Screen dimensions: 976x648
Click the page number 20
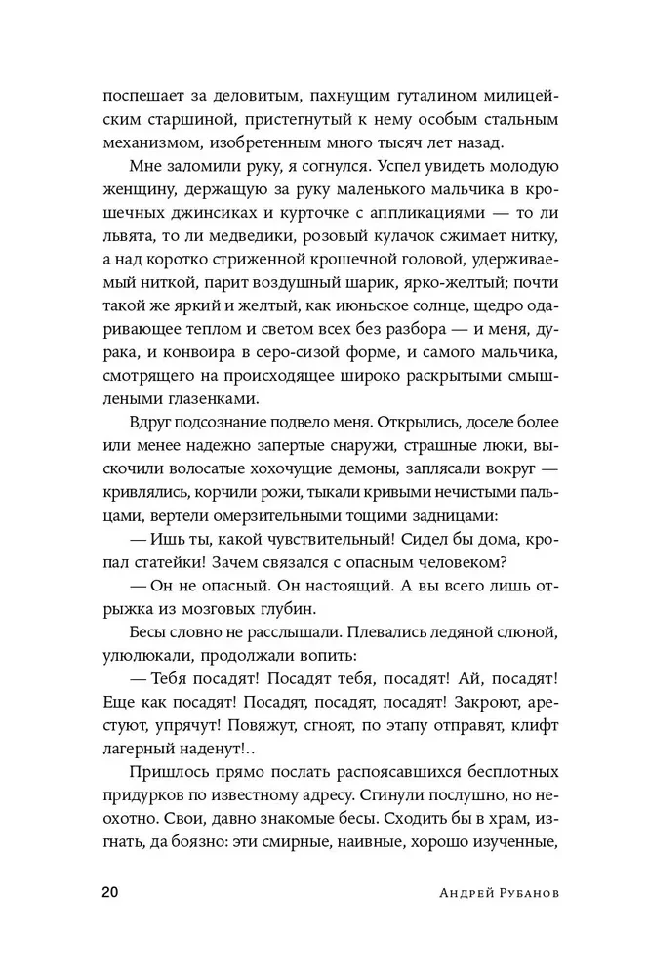click(109, 922)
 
